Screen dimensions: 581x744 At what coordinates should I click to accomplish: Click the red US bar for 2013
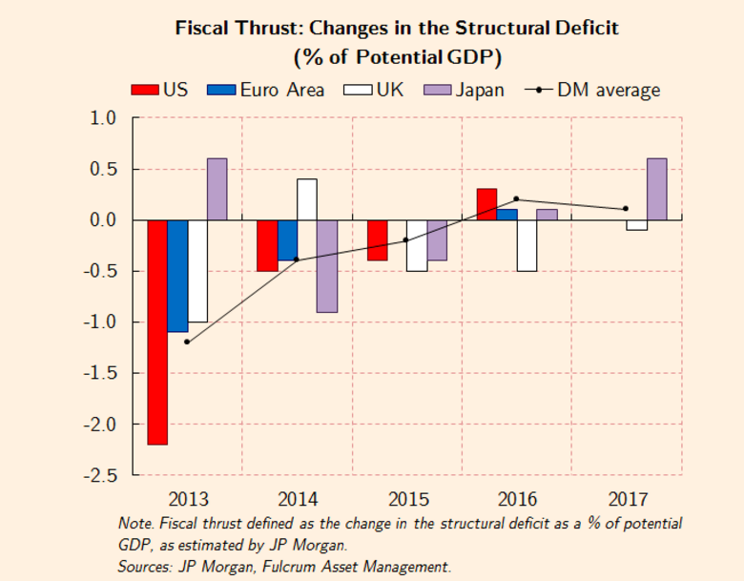click(x=157, y=332)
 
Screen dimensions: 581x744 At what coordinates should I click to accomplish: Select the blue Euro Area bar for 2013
click(x=177, y=276)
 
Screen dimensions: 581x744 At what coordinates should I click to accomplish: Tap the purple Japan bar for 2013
click(x=217, y=189)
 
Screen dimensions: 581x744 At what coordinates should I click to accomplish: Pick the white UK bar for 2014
click(x=307, y=199)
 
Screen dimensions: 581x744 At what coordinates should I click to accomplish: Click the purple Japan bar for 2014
click(x=327, y=266)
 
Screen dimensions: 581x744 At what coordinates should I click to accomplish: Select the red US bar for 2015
click(x=378, y=240)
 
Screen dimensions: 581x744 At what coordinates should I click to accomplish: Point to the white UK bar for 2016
click(x=527, y=245)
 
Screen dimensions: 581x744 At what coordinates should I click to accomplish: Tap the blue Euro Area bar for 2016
click(x=506, y=215)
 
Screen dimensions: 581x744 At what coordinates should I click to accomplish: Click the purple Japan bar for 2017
click(x=656, y=189)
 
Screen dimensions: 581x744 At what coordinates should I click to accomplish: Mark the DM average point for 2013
click(x=187, y=342)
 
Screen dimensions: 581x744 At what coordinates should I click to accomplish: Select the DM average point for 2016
click(x=516, y=199)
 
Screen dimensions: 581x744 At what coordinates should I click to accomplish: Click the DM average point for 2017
click(x=626, y=209)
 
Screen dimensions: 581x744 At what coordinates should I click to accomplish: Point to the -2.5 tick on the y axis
click(x=102, y=474)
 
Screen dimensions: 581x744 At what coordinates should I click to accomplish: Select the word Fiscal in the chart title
click(x=203, y=28)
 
